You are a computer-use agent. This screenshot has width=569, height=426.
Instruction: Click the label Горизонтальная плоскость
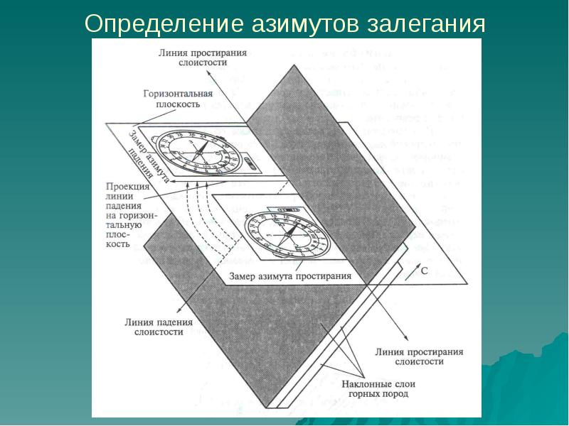(177, 99)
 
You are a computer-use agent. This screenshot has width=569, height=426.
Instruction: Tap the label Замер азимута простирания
(291, 275)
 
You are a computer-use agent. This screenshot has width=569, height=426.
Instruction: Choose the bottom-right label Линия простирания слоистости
(419, 356)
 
